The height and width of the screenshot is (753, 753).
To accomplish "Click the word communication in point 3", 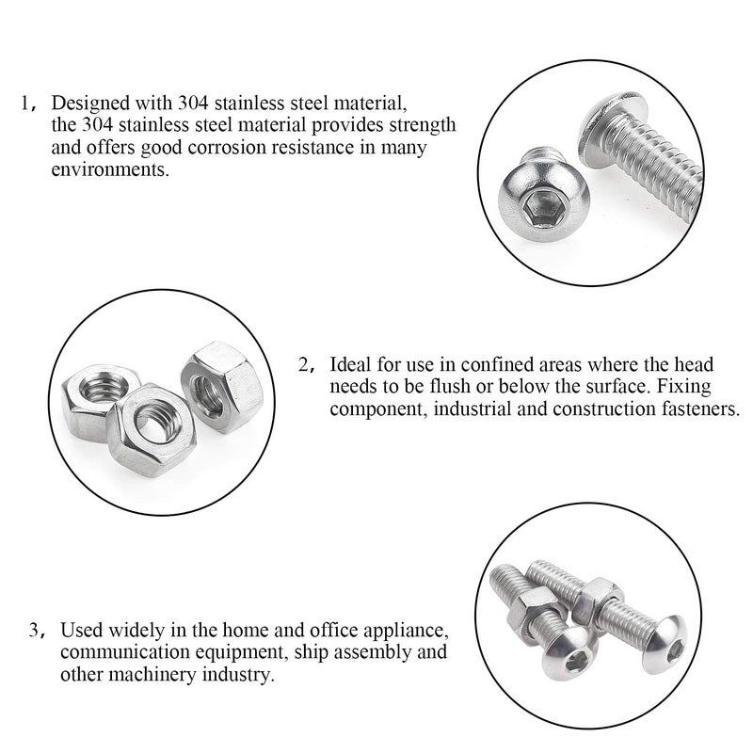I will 109,652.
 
